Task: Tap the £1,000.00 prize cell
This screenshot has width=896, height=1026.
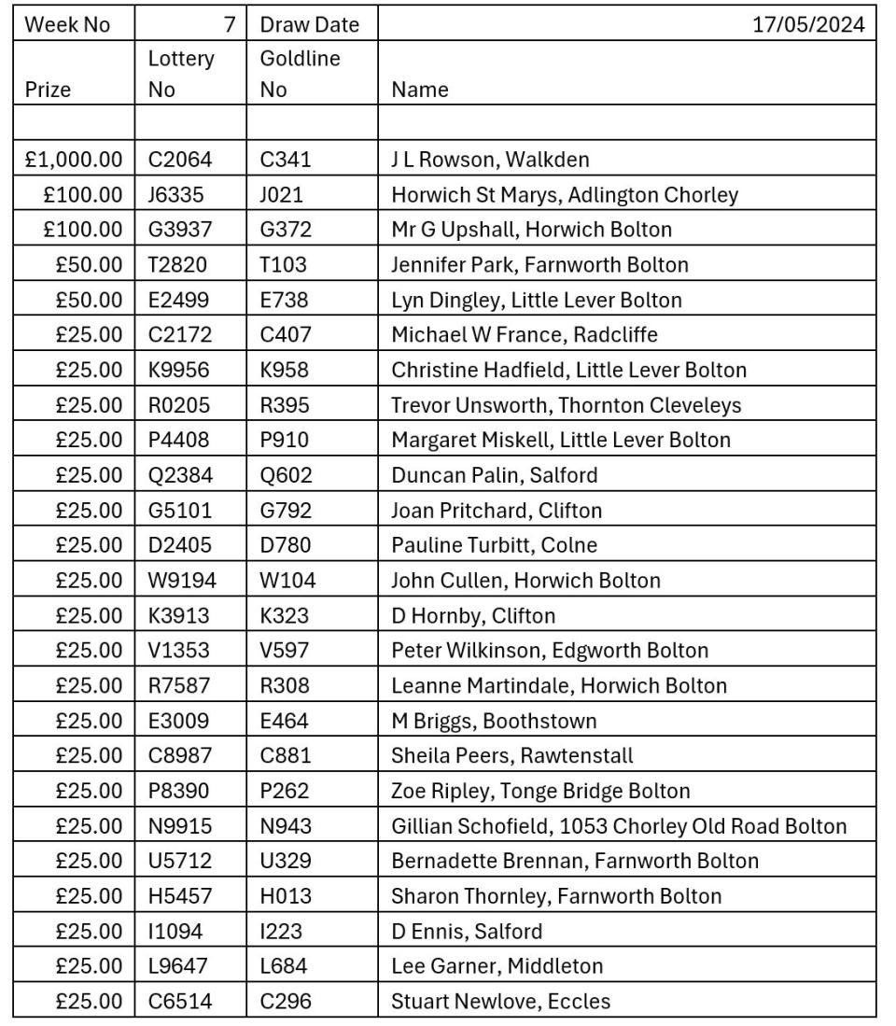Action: [74, 160]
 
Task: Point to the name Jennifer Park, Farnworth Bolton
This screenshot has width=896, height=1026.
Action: [539, 265]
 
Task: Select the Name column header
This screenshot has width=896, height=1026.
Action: [420, 90]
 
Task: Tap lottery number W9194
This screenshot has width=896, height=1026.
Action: [182, 581]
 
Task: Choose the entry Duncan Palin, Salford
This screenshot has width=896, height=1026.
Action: [494, 475]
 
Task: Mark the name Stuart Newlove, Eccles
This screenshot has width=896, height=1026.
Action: [500, 1002]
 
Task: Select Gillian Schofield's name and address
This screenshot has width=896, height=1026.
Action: [619, 826]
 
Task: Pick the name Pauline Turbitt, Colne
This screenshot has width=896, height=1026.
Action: [494, 545]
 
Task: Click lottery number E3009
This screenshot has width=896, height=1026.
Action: [180, 721]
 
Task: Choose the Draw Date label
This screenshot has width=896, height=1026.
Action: [309, 24]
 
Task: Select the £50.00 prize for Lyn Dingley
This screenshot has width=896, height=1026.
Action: [89, 300]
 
